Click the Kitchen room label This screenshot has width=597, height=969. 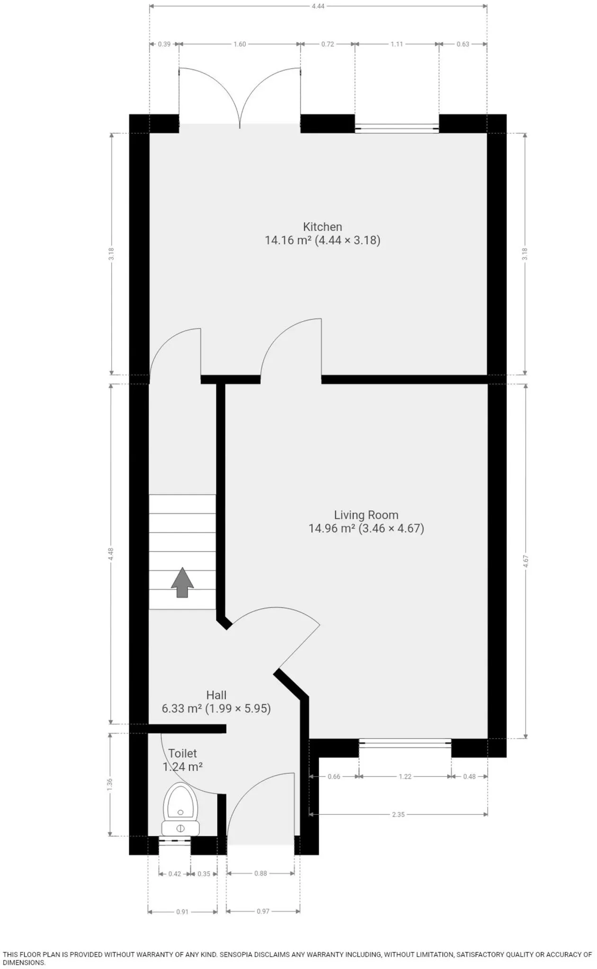point(322,227)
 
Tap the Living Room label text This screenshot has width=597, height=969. point(366,515)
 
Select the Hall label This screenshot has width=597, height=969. point(216,695)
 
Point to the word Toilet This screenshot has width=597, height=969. point(182,753)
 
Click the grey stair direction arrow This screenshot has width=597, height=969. point(182,582)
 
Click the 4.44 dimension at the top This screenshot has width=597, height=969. point(318,6)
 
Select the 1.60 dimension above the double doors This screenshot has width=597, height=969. point(240,44)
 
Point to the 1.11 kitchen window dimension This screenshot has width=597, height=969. point(397,44)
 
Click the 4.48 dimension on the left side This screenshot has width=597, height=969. point(111,554)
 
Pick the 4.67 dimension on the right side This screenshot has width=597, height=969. point(525,561)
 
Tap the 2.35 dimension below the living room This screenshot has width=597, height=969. point(398,814)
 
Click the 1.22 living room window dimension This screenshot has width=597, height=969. point(405,776)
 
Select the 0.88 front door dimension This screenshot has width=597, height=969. point(260,873)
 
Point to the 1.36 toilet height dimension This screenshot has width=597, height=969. point(110,784)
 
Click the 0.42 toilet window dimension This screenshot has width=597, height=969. point(175,874)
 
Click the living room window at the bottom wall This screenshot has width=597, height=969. point(405,743)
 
